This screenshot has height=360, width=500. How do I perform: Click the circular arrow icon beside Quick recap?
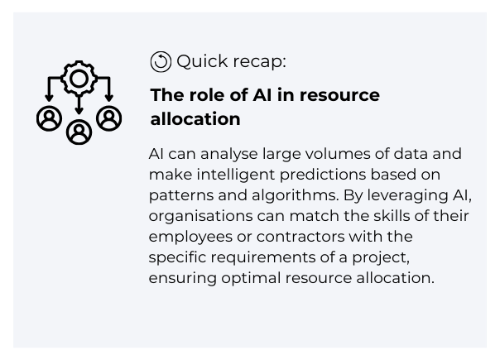161,61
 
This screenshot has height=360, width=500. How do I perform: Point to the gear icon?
79,79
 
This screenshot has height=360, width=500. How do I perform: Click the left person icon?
49,118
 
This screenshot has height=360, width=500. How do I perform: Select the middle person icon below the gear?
79,132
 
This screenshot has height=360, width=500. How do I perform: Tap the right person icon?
108,118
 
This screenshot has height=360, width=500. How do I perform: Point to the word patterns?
180,196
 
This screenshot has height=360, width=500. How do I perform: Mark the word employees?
190,237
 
